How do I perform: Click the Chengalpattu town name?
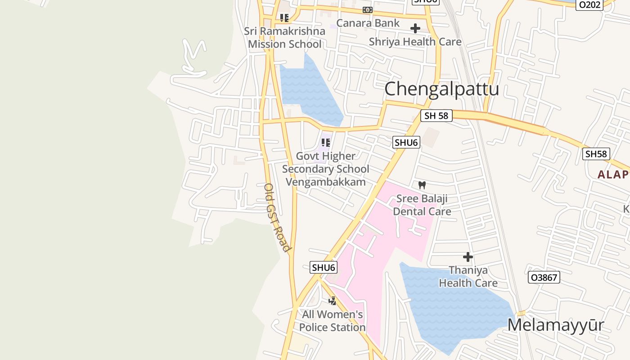pos(441,89)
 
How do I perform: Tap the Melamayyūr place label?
pos(555,324)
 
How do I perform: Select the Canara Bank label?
pos(368,23)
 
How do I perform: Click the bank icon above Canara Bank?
pos(368,10)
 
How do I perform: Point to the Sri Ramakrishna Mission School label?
pos(285,37)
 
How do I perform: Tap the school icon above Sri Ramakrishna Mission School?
pos(284,18)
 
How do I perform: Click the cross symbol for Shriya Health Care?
pos(415,28)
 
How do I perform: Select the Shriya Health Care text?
pos(415,42)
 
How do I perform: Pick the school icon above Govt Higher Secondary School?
pos(326,143)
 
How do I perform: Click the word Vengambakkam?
pos(325,182)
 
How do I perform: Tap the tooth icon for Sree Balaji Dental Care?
pos(422,185)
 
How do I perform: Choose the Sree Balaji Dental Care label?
pos(422,205)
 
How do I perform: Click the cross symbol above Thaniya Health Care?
pos(468,257)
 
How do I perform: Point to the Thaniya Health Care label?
pos(468,276)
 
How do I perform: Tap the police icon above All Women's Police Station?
pos(332,301)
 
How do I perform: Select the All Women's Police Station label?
pos(332,320)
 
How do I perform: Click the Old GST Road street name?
pos(276,217)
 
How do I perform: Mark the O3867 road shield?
pos(544,278)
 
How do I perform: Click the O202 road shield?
pos(589,4)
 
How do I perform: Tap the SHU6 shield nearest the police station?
pos(324,267)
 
